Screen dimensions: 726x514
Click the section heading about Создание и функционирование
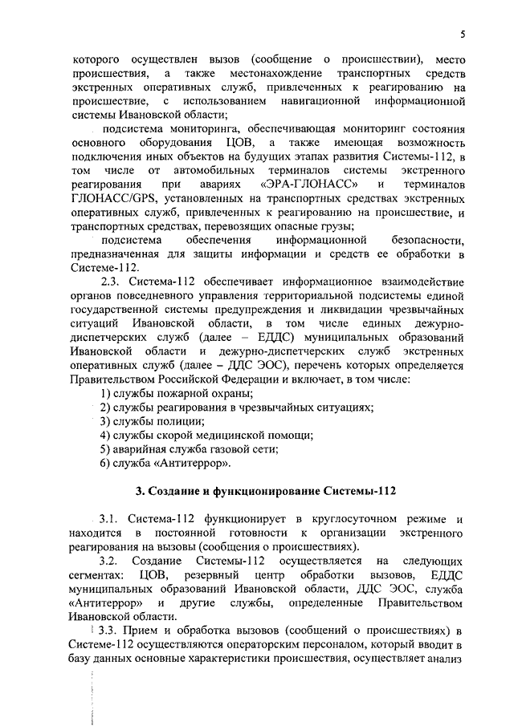(x=265, y=489)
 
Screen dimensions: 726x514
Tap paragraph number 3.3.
(x=112, y=631)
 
